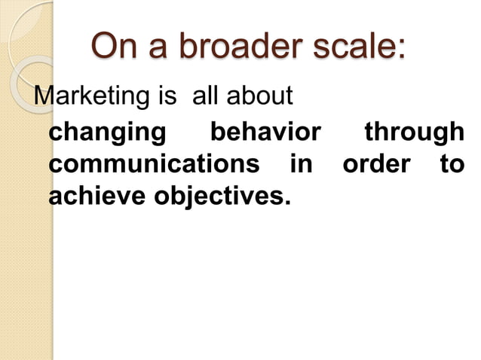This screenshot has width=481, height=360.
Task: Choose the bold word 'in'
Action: coord(301,164)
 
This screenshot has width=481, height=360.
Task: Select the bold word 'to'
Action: coord(452,164)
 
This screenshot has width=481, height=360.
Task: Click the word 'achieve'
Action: coord(98,196)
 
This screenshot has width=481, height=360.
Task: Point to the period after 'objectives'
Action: coord(286,203)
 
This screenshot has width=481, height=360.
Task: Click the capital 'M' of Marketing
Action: coord(45,98)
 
